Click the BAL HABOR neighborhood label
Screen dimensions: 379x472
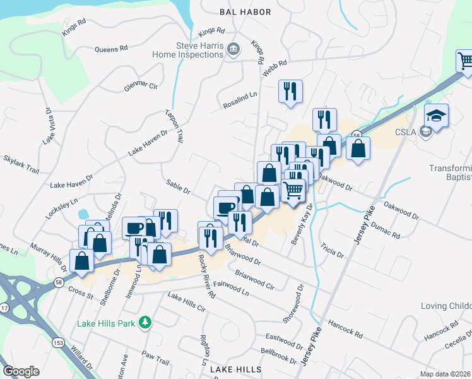pyautogui.click(x=245, y=12)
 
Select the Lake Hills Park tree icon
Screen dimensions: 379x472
pyautogui.click(x=146, y=323)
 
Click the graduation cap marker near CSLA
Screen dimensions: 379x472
pyautogui.click(x=436, y=116)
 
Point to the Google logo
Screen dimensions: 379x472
pyautogui.click(x=21, y=371)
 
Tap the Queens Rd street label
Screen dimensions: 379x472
pyautogui.click(x=111, y=48)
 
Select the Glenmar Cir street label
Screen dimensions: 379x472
pyautogui.click(x=141, y=85)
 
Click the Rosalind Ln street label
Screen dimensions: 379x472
pyautogui.click(x=240, y=100)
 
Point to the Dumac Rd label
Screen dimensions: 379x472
pyautogui.click(x=386, y=229)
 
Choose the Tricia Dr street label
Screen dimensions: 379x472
pyautogui.click(x=331, y=250)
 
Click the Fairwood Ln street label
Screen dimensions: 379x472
pyautogui.click(x=231, y=289)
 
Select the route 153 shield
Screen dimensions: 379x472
pyautogui.click(x=58, y=342)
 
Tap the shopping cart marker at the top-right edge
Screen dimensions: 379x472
pyautogui.click(x=465, y=61)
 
